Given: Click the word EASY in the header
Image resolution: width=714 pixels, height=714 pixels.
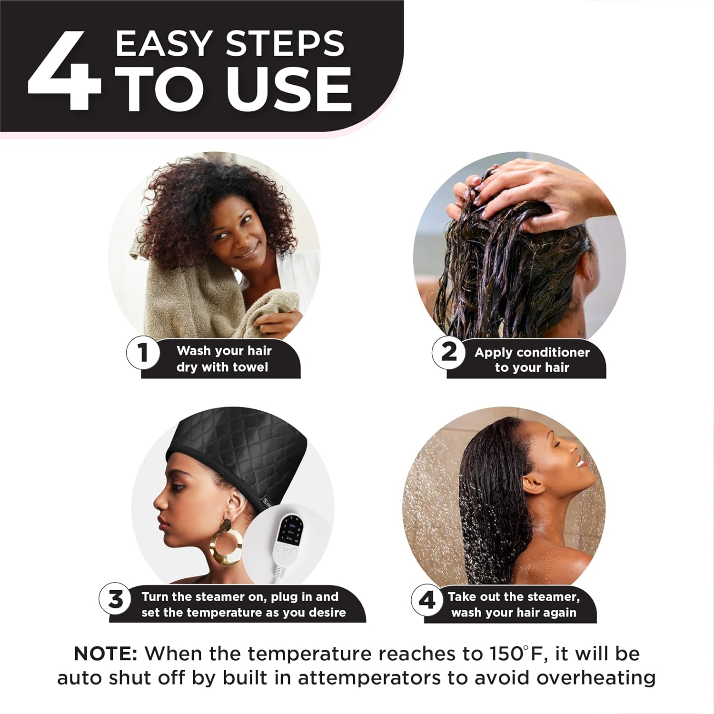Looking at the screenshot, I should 163,44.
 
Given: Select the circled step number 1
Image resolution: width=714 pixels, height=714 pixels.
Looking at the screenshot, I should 142,353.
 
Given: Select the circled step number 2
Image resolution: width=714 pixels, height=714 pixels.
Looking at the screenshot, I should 448,353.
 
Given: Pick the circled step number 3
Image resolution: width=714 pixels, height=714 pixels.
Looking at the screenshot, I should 115,599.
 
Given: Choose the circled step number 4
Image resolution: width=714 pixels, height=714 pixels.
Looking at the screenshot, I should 427,600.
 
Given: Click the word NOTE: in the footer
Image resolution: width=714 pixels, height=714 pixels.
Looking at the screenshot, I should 105,654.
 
